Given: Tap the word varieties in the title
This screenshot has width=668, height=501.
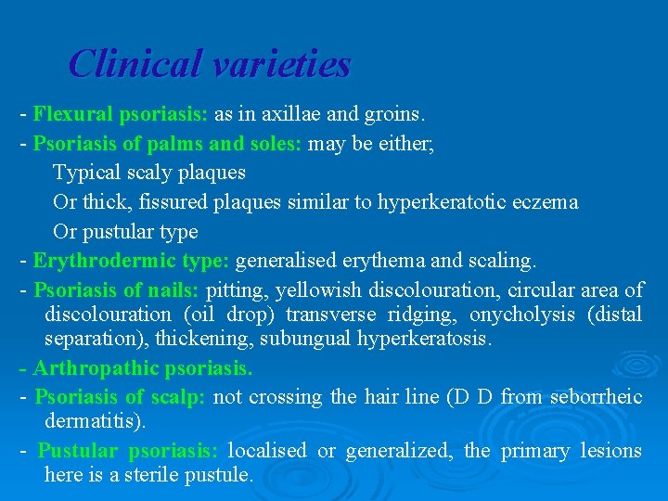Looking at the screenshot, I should (x=281, y=64).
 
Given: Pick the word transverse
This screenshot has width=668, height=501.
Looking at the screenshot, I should (x=327, y=315).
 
